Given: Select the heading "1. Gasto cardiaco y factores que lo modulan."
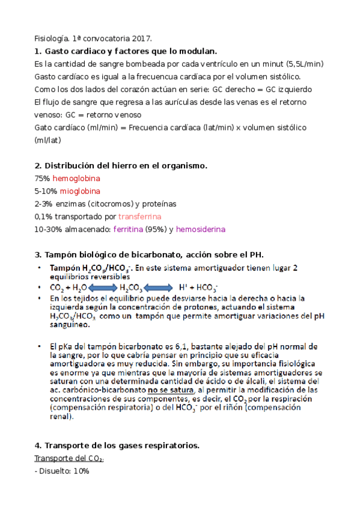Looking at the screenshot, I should click(x=126, y=51).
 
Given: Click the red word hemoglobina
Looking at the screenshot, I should click(x=76, y=179).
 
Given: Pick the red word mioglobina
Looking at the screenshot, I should click(x=76, y=191).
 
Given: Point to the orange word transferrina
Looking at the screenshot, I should click(x=139, y=217).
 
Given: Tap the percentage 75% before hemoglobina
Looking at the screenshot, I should click(x=43, y=179).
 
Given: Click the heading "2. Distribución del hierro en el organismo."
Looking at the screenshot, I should click(x=121, y=165).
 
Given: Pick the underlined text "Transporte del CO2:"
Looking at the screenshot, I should click(x=69, y=459).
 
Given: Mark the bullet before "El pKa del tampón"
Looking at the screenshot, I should click(x=40, y=347).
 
